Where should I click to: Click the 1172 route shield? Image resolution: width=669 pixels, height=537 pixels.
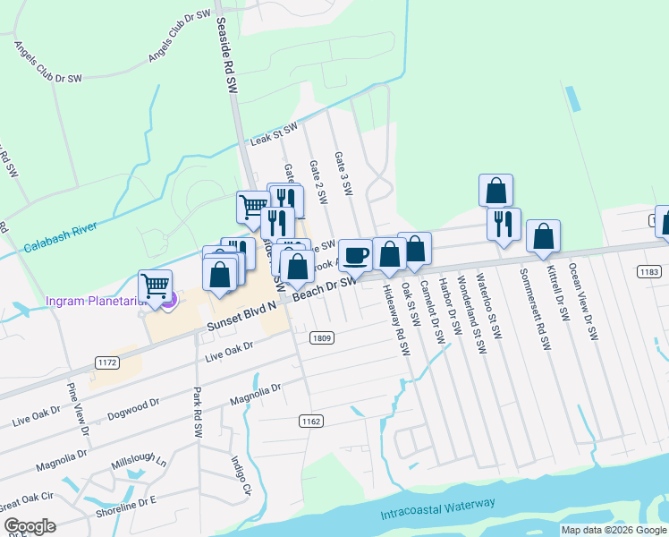(106, 362)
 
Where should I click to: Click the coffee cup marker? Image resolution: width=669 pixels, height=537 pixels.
(355, 255)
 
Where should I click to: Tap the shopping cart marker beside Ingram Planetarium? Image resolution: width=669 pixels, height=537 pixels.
(156, 287)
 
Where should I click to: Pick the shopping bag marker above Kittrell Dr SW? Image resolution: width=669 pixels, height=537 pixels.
(543, 236)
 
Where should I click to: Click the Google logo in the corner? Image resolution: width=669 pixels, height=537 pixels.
(30, 526)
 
